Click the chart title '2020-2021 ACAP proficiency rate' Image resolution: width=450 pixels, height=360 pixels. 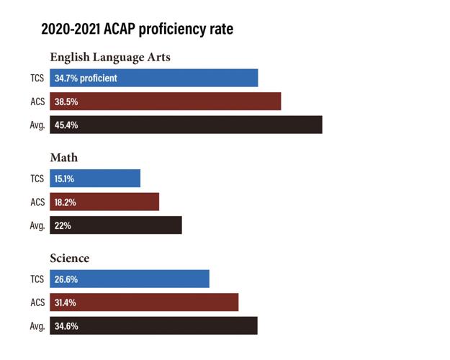click(x=137, y=30)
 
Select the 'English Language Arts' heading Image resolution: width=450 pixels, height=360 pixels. click(x=109, y=57)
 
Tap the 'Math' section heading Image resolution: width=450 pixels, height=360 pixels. click(x=63, y=157)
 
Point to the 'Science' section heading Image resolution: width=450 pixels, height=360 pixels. click(x=69, y=258)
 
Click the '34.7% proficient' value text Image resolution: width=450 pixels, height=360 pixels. click(x=86, y=78)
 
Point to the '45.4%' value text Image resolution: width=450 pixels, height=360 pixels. click(x=66, y=125)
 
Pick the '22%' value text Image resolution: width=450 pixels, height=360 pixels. click(x=63, y=225)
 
